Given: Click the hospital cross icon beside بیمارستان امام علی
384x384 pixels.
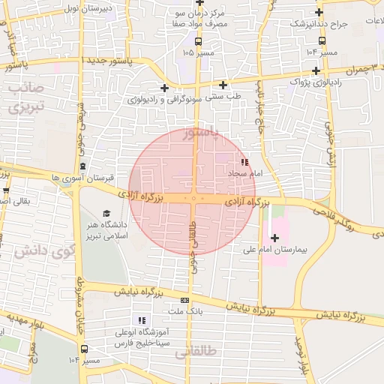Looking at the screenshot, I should click(x=274, y=238).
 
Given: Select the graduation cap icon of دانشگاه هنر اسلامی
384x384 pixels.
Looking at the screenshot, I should click(x=106, y=214).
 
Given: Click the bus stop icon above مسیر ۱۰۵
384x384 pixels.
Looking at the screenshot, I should click(x=198, y=42).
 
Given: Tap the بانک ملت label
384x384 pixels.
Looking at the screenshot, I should click(x=184, y=310).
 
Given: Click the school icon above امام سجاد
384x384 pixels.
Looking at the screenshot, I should click(x=244, y=162).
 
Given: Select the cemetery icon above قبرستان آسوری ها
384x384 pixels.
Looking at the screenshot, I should click(x=82, y=166).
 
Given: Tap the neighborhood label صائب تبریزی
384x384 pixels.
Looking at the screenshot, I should click(x=27, y=97).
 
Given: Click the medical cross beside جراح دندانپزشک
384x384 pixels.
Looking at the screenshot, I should click(x=319, y=13).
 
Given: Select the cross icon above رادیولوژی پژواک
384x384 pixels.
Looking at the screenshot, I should click(x=316, y=71).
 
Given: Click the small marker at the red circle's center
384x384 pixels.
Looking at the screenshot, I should click(x=193, y=199).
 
